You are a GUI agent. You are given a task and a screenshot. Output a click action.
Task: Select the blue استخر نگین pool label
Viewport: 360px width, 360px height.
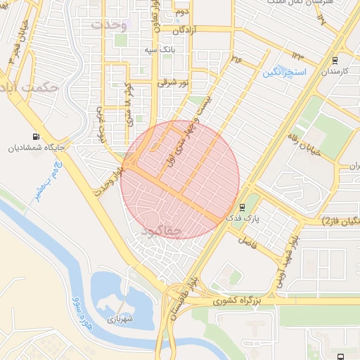pos(284,72)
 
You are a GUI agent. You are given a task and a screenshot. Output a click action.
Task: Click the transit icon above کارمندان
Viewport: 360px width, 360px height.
pos(334,60)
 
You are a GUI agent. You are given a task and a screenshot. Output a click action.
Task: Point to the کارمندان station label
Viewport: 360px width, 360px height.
pos(336,72)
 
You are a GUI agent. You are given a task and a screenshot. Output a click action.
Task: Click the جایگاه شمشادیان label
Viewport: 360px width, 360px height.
pos(31,148)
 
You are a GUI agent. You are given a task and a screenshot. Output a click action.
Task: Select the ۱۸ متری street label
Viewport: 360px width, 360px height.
pos(129,107)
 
